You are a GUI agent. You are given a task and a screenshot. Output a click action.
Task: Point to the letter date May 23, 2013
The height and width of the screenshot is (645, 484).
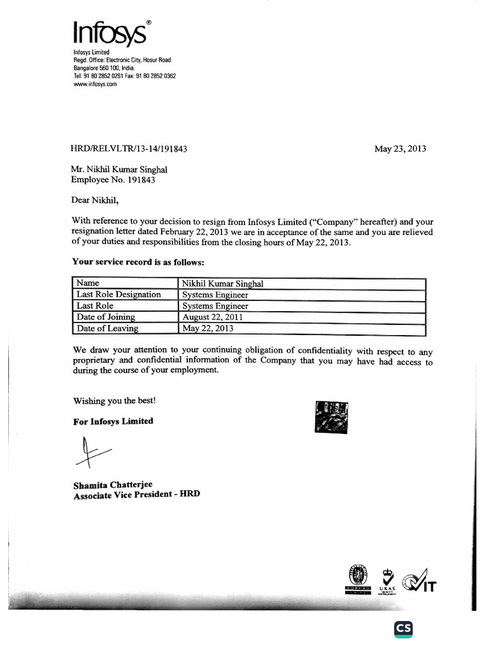(x=400, y=149)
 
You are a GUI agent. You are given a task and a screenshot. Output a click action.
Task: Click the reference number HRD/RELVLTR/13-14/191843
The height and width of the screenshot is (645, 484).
(x=129, y=149)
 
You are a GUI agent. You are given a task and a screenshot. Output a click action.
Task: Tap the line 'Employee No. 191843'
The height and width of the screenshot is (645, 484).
(x=113, y=180)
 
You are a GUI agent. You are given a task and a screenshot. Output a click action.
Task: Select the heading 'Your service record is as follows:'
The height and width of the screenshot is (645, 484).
(x=138, y=261)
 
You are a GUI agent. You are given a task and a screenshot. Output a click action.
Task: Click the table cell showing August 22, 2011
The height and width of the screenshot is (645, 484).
(x=212, y=317)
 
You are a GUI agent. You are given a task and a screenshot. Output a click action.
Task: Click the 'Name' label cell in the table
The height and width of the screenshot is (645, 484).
(x=88, y=283)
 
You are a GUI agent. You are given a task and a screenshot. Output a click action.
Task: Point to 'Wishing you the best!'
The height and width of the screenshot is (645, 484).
(x=114, y=401)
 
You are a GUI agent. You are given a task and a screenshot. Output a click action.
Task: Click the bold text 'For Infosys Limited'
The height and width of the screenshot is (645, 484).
(x=113, y=421)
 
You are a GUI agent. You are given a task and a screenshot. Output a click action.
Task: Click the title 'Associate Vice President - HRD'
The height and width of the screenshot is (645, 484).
(x=136, y=495)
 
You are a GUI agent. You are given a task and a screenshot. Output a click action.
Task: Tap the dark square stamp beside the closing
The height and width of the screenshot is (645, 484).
(x=329, y=416)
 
